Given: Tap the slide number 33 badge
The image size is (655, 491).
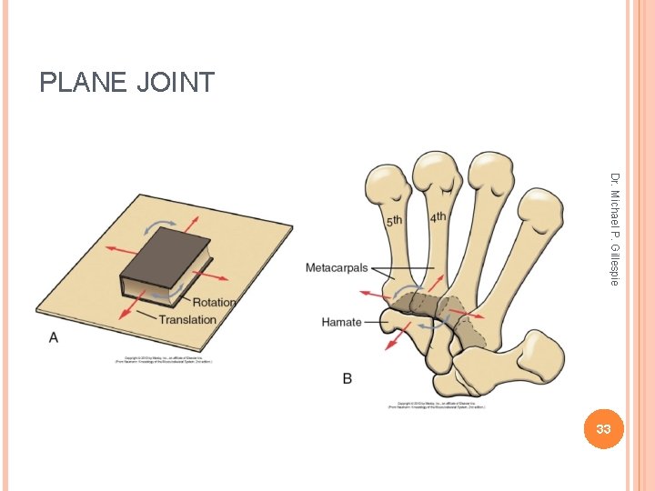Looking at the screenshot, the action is pos(601,427).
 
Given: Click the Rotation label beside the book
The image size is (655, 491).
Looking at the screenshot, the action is pos(214,302).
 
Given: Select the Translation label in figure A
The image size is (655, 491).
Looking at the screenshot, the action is pos(187,319).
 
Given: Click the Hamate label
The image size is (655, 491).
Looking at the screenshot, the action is pos(341,322).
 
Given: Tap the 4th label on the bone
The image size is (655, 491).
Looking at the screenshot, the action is pos(438,217).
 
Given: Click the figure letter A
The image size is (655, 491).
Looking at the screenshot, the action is pos(53,337).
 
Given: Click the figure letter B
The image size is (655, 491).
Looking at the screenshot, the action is pos(348,378).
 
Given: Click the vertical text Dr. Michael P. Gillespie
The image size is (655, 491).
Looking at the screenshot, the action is pos(615,229).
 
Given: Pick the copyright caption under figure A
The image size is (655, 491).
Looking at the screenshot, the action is pos(164,360).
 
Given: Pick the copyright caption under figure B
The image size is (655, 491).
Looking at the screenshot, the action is pos(437,405).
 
